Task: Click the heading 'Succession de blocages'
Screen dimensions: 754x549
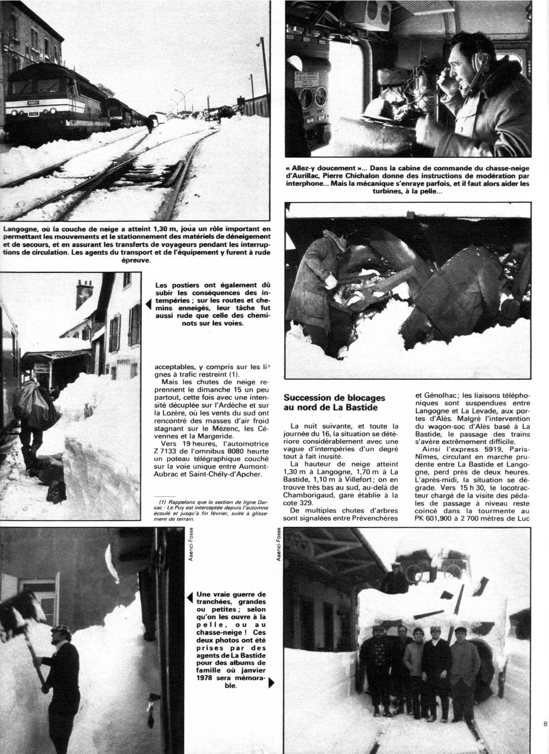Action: (x=335, y=398)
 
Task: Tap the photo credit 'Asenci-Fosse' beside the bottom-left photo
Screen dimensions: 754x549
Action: (x=191, y=544)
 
